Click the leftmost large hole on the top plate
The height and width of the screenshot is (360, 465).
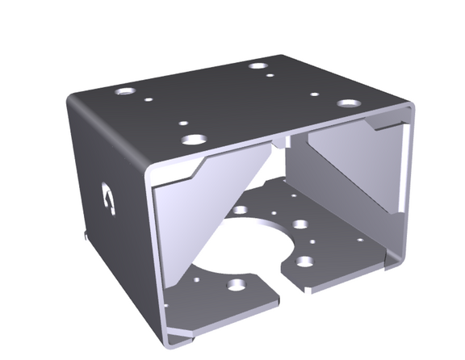pos(124,91)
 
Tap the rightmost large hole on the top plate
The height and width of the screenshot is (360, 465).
pos(348,104)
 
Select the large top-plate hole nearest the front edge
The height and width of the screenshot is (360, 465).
pos(193,139)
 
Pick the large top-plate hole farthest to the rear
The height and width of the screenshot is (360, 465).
pos(258,65)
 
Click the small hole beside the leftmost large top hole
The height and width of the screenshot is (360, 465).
pos(149,100)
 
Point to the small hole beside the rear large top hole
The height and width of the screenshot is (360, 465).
pos(270,77)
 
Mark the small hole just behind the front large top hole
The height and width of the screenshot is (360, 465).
pos(183,123)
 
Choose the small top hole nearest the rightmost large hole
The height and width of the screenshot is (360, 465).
pos(316,94)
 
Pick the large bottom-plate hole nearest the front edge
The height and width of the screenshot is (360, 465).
pos(236,285)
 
